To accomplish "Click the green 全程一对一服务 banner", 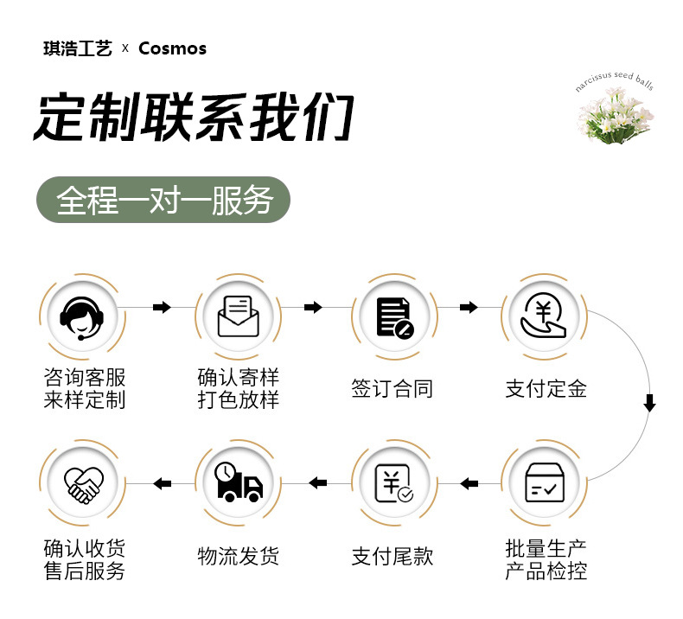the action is tap(163, 201).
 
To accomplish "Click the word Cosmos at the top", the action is tap(172, 48).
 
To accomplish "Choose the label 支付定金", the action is tap(546, 389).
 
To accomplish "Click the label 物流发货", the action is tap(238, 556).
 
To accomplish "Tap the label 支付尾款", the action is tap(393, 556).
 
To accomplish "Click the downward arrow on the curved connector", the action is tap(650, 403).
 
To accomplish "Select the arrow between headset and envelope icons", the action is tap(162, 308).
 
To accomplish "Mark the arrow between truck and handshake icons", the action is tap(162, 483).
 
